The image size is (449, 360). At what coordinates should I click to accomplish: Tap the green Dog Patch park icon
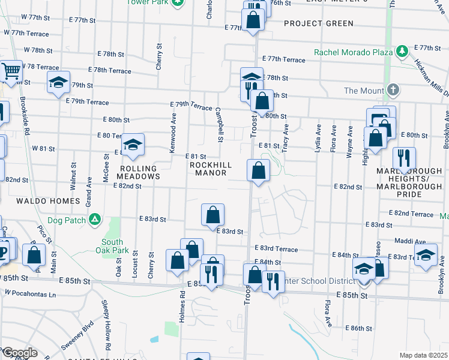tap(94, 220)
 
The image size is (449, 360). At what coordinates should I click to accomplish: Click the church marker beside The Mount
tap(393, 91)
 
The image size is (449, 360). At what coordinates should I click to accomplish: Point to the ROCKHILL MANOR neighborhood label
tap(208, 169)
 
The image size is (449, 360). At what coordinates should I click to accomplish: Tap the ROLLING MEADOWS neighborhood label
tap(140, 173)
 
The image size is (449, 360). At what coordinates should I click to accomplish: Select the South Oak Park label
tap(108, 246)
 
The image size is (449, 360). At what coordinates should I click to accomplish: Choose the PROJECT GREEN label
tap(319, 23)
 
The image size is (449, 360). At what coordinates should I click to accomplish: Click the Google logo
tap(20, 353)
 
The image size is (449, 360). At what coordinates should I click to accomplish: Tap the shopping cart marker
tap(10, 73)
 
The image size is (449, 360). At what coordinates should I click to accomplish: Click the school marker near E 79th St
tap(58, 84)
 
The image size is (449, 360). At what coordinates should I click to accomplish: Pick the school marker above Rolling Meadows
tap(133, 145)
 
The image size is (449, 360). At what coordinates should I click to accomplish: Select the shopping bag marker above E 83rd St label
tap(213, 215)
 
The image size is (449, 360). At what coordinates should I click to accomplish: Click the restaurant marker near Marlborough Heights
tap(404, 158)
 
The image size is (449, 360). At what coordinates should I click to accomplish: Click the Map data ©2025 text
tap(424, 355)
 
